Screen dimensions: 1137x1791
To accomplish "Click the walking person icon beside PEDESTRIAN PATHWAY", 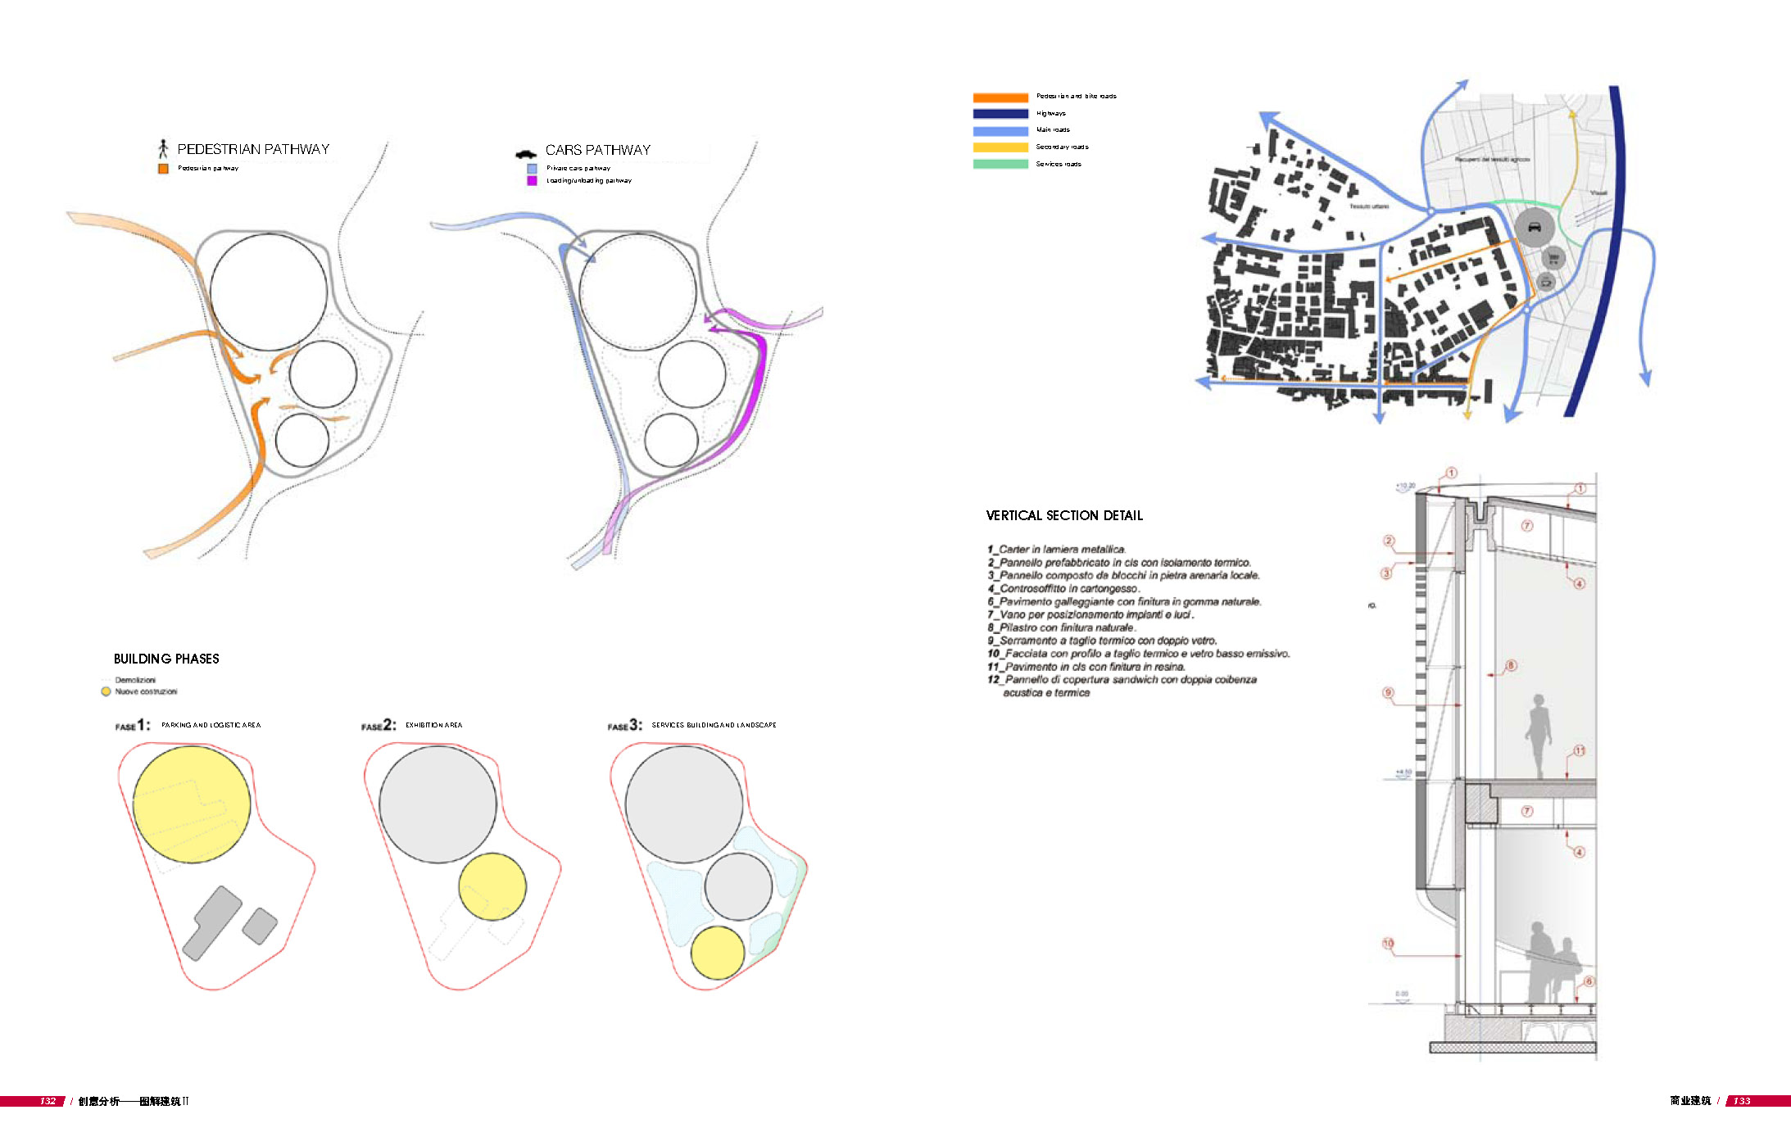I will click(163, 148).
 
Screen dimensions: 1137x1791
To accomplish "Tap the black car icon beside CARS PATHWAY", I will click(525, 153).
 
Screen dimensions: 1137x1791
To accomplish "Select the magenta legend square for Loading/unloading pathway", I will click(532, 180).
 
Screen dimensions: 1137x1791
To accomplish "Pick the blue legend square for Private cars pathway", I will click(532, 168).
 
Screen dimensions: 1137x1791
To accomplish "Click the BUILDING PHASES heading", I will click(166, 659).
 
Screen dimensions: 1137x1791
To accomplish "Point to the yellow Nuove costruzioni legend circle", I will click(106, 691).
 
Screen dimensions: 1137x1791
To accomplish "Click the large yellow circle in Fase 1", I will click(192, 804).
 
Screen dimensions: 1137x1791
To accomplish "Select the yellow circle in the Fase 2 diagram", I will click(492, 886).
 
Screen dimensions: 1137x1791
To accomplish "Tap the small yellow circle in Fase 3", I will click(718, 953).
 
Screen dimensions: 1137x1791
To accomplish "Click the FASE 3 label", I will click(624, 725).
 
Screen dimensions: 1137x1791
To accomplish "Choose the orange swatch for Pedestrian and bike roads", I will click(1000, 97).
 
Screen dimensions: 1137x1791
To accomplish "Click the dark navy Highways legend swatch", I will click(1000, 114).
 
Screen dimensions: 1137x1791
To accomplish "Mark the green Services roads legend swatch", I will click(1000, 164).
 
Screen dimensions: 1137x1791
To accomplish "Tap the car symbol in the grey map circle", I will click(1534, 228).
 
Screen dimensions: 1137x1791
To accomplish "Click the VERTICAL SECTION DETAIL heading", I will click(1064, 515).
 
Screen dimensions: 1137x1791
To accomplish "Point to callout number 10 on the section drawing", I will click(1388, 944).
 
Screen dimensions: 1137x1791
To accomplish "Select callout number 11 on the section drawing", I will click(1579, 750).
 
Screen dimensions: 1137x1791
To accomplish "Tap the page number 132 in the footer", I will click(48, 1101).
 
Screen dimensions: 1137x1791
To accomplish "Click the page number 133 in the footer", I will click(1742, 1101).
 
